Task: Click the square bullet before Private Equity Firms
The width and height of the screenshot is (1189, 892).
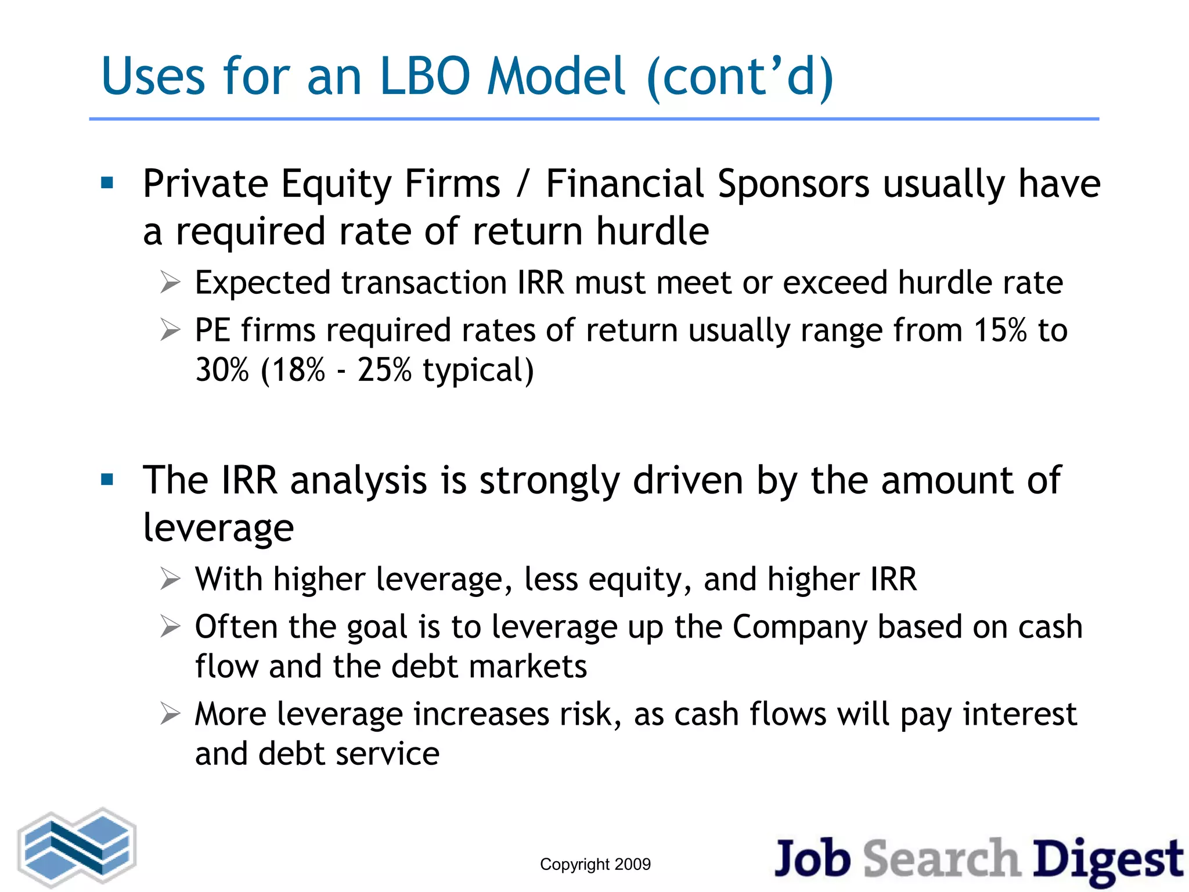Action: coord(107,184)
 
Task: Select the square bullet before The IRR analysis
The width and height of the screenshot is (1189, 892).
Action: coord(107,480)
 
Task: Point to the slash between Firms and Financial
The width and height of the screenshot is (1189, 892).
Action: coord(523,185)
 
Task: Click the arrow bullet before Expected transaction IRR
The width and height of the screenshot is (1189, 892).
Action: coord(170,283)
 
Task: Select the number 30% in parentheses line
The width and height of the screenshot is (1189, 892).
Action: coord(222,370)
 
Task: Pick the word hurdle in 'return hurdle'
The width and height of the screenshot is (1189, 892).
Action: coord(653,231)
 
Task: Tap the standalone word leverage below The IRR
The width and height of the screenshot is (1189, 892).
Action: coord(218,528)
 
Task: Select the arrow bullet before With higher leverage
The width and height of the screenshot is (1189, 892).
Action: coord(170,579)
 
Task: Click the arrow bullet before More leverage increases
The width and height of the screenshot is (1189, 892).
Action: coord(170,714)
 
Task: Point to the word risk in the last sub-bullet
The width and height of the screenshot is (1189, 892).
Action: coord(585,714)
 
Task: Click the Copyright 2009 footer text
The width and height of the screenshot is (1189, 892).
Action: coord(595,864)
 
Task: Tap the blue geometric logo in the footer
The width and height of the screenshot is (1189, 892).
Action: coord(77,848)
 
